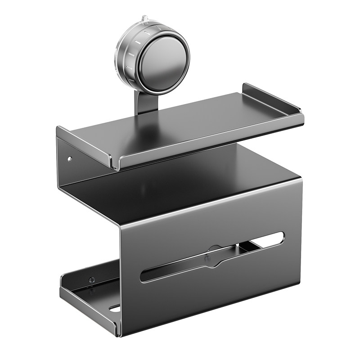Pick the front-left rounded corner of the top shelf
coord(115,164)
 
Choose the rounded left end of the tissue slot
coord(145,276)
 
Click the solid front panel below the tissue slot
coord(216,292)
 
